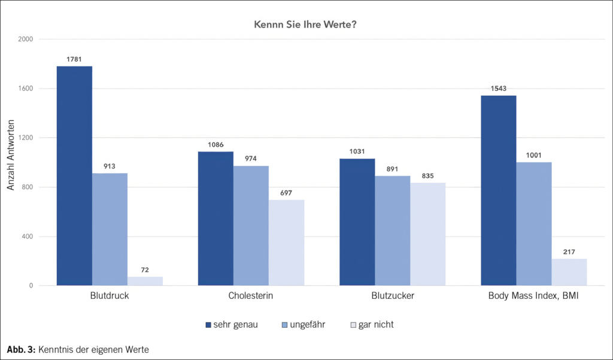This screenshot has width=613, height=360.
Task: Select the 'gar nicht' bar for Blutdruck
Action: [x=145, y=281]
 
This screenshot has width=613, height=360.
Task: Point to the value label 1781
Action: [x=74, y=59]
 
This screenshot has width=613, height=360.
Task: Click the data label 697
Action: [x=286, y=192]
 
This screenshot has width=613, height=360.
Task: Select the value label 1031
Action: [x=357, y=151]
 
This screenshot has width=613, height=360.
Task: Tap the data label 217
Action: [x=569, y=252]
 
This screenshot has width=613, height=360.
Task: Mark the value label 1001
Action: [x=533, y=155]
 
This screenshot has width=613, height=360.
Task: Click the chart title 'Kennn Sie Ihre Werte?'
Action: [x=306, y=25]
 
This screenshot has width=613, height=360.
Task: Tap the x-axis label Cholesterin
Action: [x=250, y=296]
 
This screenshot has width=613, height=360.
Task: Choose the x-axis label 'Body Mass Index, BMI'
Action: [x=533, y=296]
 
